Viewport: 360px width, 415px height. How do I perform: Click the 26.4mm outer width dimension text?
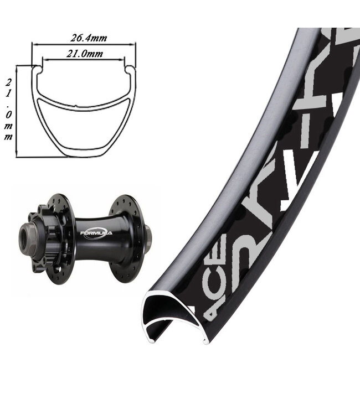coord(89,38)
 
